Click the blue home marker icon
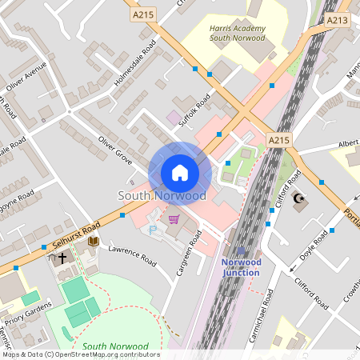pos(180,173)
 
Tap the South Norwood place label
pos(162,195)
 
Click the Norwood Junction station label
pos(241,267)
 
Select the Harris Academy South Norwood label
pos(237,32)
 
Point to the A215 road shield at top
pos(144,14)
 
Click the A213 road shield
pos(338,20)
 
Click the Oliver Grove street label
pos(115,151)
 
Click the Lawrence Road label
pos(133,255)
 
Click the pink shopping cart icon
pos(174,218)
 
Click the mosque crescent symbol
pos(302,200)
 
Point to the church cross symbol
pos(61,258)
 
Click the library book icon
pos(93,241)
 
